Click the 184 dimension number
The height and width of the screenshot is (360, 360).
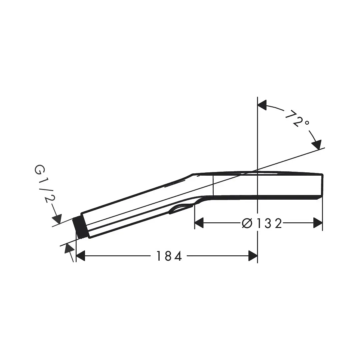[x=169, y=256]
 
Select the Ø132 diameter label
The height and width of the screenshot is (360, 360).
[x=262, y=223]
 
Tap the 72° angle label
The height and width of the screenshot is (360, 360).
[x=297, y=118]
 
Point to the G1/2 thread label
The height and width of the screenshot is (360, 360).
[x=45, y=184]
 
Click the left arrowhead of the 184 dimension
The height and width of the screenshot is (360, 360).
[x=80, y=256]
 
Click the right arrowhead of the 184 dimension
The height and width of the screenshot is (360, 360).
[x=253, y=256]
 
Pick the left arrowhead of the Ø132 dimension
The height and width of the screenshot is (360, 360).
[x=199, y=223]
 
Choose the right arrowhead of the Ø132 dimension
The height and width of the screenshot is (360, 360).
[x=318, y=223]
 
